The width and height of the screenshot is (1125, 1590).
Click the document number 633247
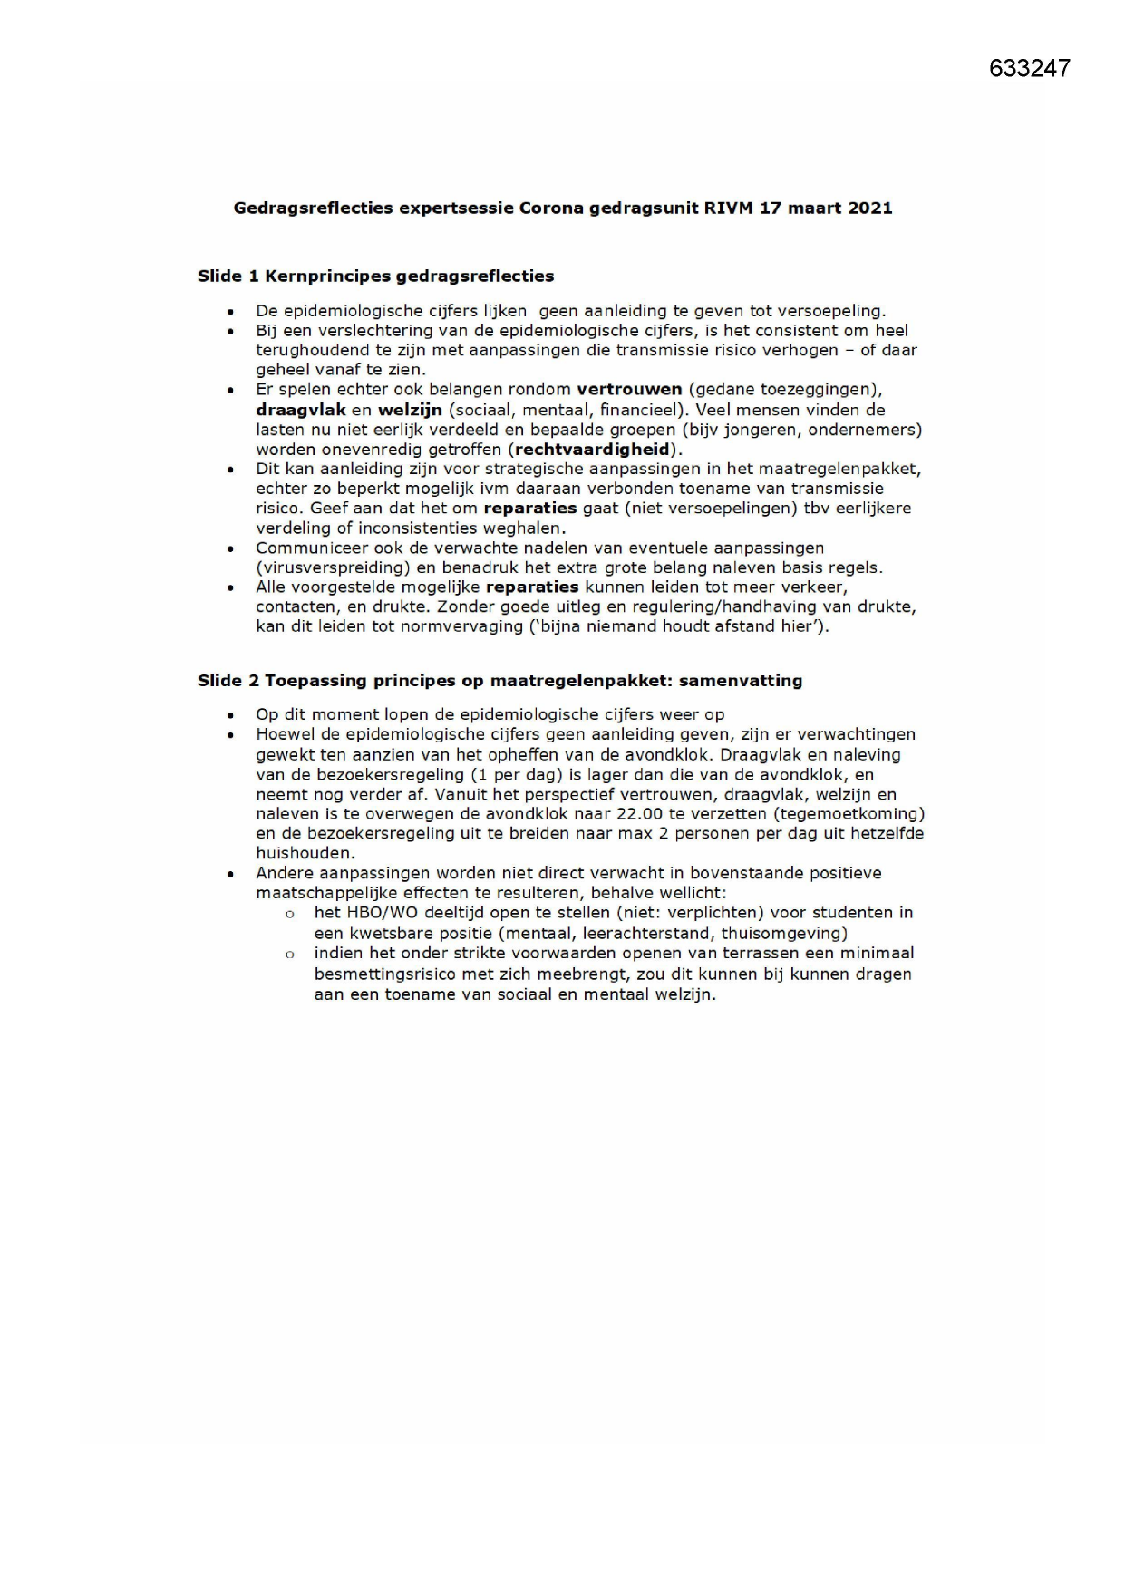[x=1029, y=68]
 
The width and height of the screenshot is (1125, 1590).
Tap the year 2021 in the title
[x=869, y=208]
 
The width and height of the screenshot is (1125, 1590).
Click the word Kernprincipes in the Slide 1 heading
[x=328, y=276]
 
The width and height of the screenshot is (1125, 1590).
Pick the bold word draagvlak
[x=301, y=410]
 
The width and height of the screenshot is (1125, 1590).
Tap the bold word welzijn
[x=409, y=410]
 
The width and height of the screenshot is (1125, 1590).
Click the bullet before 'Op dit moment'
[x=232, y=716]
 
